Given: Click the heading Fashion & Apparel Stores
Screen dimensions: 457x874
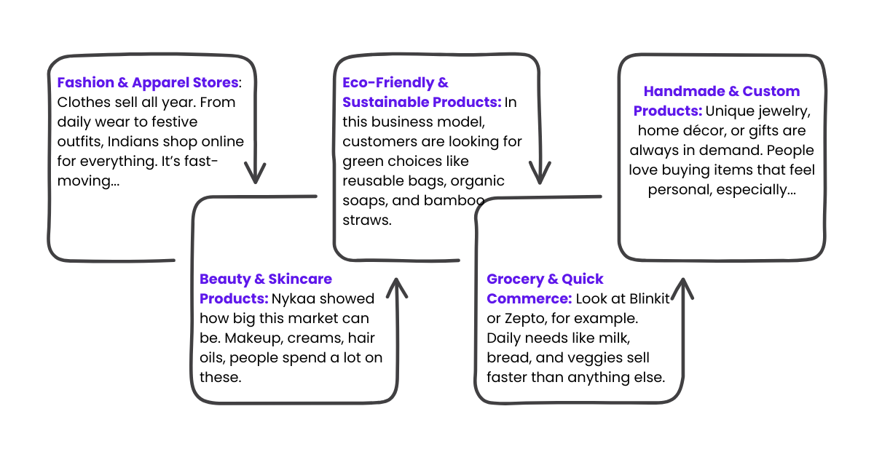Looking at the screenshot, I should click(x=148, y=82).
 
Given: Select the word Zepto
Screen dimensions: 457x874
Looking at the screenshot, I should click(x=522, y=319).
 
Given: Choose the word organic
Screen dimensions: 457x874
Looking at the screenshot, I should click(x=477, y=180).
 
